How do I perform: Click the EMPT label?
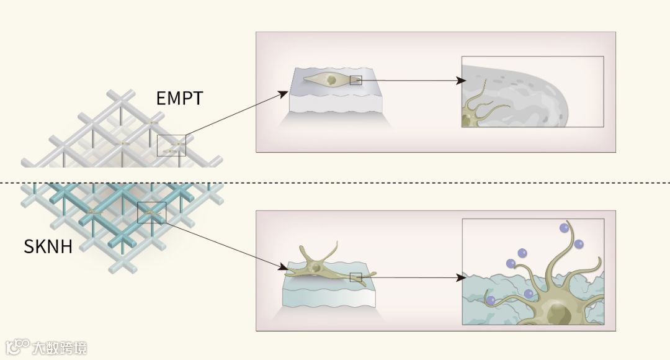[x=180, y=97]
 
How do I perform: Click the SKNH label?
[x=48, y=247]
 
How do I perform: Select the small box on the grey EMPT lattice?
[x=171, y=145]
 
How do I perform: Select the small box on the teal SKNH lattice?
[x=151, y=212]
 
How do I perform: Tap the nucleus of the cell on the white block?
[x=331, y=80]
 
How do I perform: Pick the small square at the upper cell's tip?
[x=355, y=80]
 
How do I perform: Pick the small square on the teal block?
[x=355, y=277]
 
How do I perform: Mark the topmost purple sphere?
[x=565, y=228]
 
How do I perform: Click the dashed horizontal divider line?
[x=335, y=182]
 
